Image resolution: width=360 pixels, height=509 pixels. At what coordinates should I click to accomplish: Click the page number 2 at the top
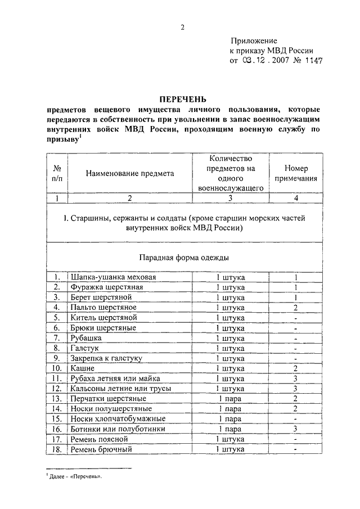[x=182, y=28]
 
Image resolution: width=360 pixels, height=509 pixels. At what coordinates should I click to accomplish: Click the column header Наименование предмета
[x=130, y=174]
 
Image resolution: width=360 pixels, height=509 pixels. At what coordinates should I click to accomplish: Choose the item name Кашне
[x=82, y=368]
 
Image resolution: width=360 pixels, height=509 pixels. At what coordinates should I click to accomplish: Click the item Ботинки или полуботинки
[x=117, y=429]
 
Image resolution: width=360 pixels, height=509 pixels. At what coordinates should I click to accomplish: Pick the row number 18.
[x=56, y=449]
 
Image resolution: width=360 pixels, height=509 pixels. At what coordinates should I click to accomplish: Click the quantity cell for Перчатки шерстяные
[x=230, y=398]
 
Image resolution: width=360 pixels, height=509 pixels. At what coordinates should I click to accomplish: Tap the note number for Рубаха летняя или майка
[x=294, y=379]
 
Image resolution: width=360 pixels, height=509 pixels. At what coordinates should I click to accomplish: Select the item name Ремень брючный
[x=101, y=449]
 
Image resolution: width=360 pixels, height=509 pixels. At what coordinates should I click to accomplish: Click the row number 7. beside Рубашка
[x=56, y=338]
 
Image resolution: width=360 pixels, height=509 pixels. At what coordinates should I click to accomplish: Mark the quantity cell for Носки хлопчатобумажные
[x=230, y=418]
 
